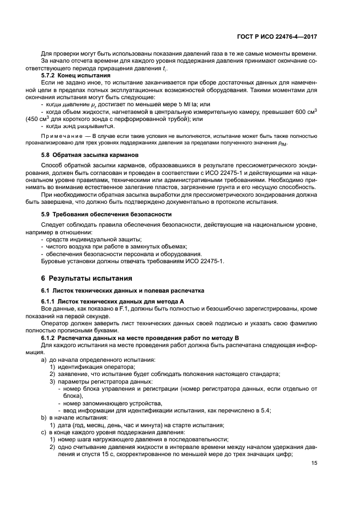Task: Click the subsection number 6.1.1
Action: click(50, 301)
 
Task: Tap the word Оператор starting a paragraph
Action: click(55, 323)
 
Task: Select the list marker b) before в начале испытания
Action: click(45, 417)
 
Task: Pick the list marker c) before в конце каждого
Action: click(45, 432)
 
